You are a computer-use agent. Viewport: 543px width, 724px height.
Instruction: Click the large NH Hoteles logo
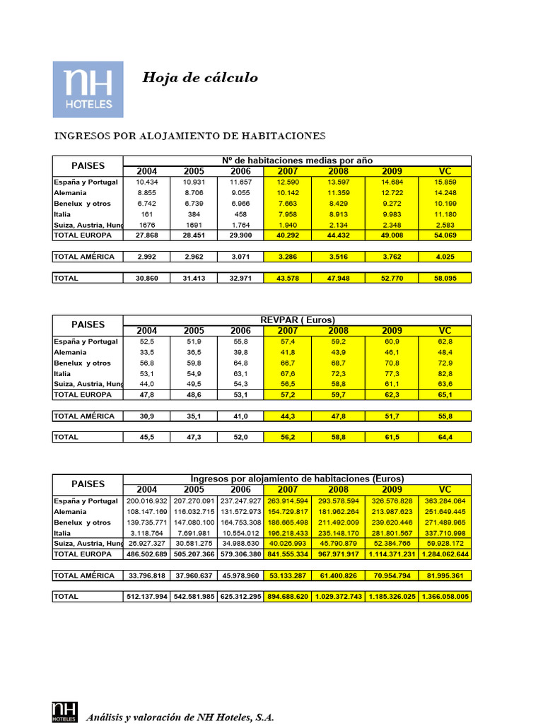point(88,89)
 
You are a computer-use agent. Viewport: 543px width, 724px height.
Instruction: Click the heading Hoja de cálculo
point(200,78)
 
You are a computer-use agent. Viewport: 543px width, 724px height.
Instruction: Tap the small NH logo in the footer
point(63,713)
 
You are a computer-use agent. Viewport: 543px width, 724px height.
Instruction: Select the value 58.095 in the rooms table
point(445,279)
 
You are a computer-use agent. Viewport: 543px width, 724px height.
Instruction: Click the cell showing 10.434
point(147,182)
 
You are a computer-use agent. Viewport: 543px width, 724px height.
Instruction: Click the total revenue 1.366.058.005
point(445,597)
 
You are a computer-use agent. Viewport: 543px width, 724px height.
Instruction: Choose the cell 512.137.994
point(147,597)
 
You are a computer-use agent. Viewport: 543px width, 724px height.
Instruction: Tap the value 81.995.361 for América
point(445,576)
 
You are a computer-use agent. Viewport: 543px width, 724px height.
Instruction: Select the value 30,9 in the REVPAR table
point(147,416)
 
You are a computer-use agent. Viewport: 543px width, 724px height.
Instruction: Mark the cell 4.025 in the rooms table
point(445,257)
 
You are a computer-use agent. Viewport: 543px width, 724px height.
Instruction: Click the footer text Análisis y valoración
point(180,718)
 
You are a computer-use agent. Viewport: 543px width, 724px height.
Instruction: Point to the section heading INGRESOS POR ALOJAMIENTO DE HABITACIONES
point(189,135)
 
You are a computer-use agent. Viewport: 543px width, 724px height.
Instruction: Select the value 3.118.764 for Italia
point(147,532)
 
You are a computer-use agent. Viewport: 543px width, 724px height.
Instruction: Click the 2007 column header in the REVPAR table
point(287,330)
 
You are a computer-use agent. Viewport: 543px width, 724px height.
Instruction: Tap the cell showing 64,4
point(445,438)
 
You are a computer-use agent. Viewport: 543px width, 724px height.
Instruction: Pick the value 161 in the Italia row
point(147,214)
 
